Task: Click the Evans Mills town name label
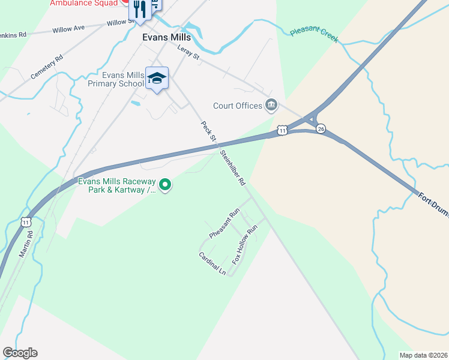coord(166,37)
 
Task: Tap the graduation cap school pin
coord(157,79)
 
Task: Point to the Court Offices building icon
coord(271,106)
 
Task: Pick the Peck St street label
coord(208,131)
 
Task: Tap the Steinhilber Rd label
coord(233,167)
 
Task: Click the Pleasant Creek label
coord(314,35)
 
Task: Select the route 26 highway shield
coord(321,129)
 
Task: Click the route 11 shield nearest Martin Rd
coord(26,222)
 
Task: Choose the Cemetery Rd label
coord(47,68)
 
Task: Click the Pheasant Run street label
coord(224,222)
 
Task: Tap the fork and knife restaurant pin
coord(139,9)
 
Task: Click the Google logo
coord(20,353)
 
